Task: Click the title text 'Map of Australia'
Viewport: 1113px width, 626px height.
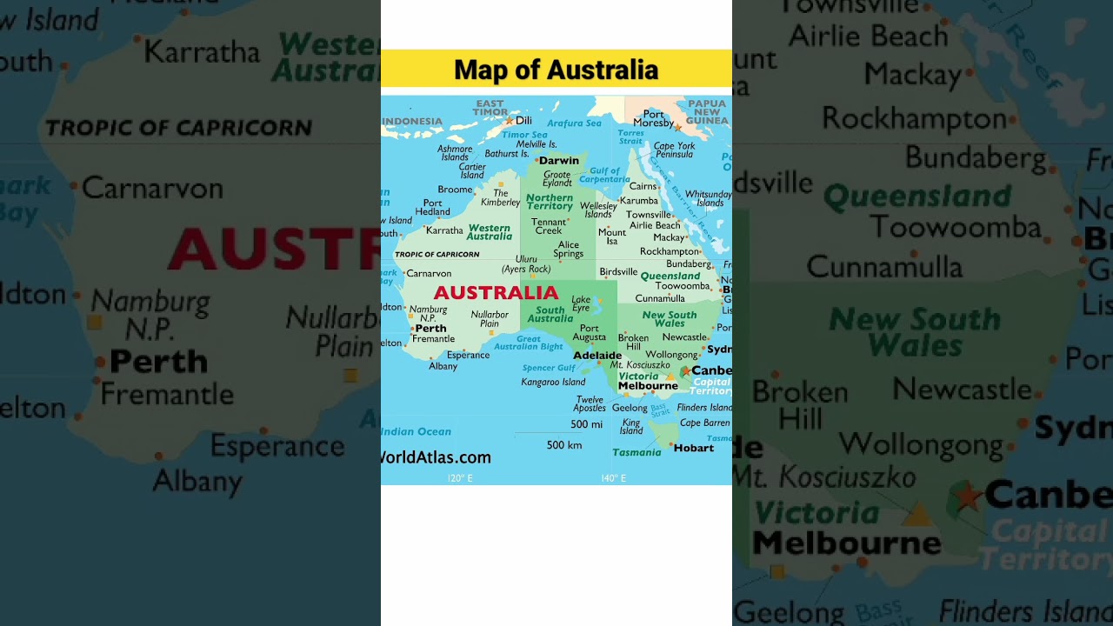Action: pyautogui.click(x=556, y=70)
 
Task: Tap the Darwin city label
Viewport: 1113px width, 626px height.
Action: pyautogui.click(x=558, y=161)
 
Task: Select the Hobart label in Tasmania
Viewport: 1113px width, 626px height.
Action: pyautogui.click(x=694, y=448)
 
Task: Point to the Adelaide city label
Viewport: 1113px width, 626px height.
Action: pyautogui.click(x=597, y=356)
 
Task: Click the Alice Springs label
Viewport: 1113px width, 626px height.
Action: pyautogui.click(x=568, y=250)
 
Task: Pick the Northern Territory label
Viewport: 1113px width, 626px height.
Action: pyautogui.click(x=550, y=202)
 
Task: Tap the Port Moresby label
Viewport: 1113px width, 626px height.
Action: pyautogui.click(x=653, y=119)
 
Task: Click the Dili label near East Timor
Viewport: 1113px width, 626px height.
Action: pyautogui.click(x=523, y=121)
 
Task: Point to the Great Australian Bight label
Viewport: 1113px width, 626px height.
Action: pyautogui.click(x=529, y=343)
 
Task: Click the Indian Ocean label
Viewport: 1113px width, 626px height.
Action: pyautogui.click(x=417, y=431)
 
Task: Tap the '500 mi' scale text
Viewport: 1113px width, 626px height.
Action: pyautogui.click(x=586, y=424)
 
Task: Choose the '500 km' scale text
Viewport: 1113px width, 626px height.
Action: pyautogui.click(x=564, y=445)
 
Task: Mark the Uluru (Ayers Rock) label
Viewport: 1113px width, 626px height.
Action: pyautogui.click(x=526, y=264)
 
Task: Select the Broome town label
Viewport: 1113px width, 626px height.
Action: pyautogui.click(x=455, y=190)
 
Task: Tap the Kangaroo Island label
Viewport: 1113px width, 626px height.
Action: pyautogui.click(x=553, y=382)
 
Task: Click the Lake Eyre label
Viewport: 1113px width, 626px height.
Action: pyautogui.click(x=581, y=303)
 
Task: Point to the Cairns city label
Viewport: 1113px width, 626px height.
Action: pyautogui.click(x=643, y=186)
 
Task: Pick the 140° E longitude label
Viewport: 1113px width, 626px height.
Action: pyautogui.click(x=613, y=478)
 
